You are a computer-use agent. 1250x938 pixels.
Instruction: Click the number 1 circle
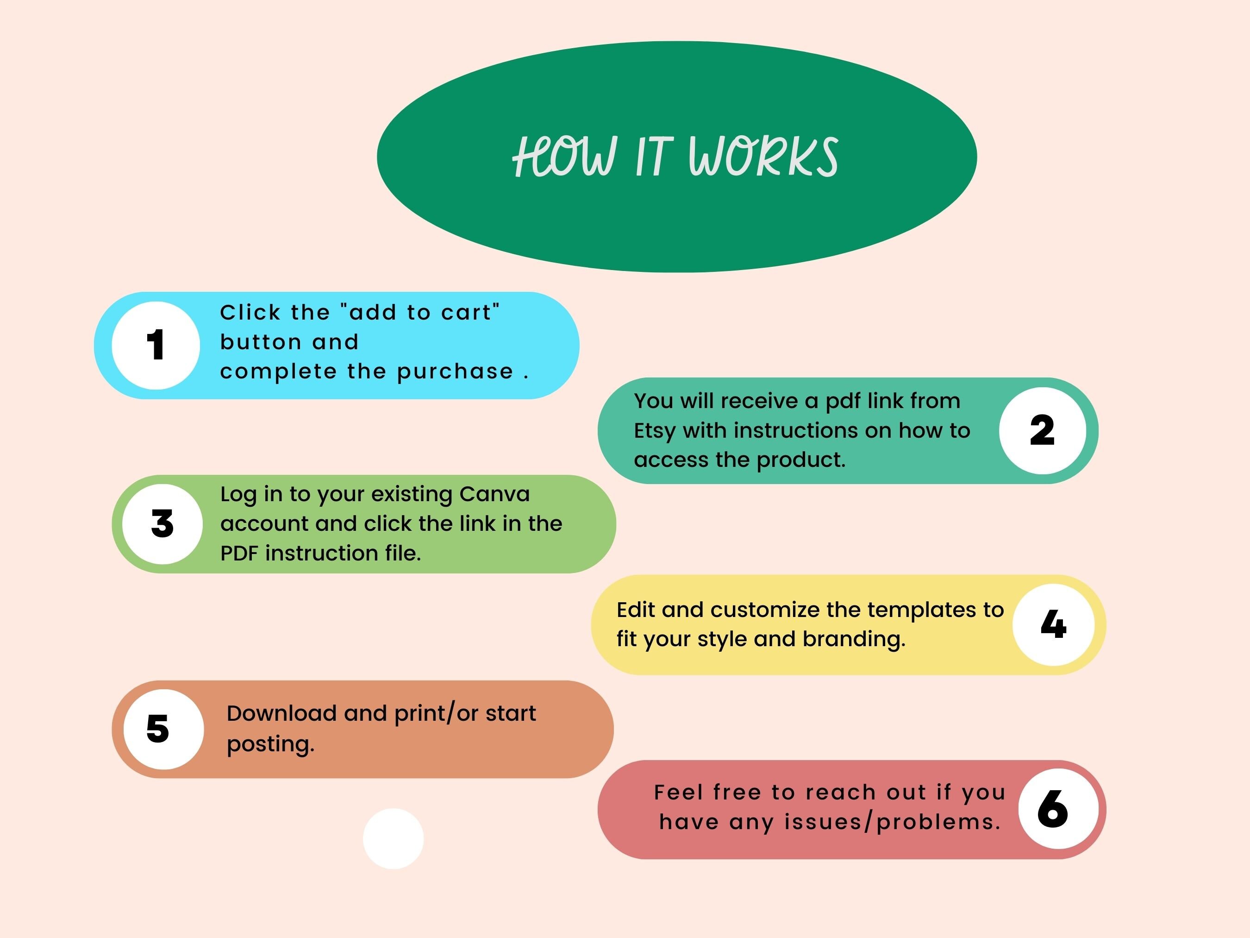(156, 346)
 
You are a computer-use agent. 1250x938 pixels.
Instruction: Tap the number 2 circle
(1043, 431)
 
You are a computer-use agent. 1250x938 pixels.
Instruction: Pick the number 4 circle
(1053, 625)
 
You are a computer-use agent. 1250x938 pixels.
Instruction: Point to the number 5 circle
(164, 730)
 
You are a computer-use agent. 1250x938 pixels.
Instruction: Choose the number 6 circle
(1058, 809)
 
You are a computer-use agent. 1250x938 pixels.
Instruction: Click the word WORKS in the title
(763, 157)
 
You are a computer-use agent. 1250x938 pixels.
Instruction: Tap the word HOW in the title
(563, 157)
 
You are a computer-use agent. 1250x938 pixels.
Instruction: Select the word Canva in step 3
(494, 494)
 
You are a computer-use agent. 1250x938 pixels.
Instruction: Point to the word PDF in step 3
(239, 554)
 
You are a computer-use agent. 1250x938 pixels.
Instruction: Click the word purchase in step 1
(455, 372)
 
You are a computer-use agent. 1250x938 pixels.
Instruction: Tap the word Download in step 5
(281, 713)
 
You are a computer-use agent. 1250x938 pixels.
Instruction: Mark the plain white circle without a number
(394, 838)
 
